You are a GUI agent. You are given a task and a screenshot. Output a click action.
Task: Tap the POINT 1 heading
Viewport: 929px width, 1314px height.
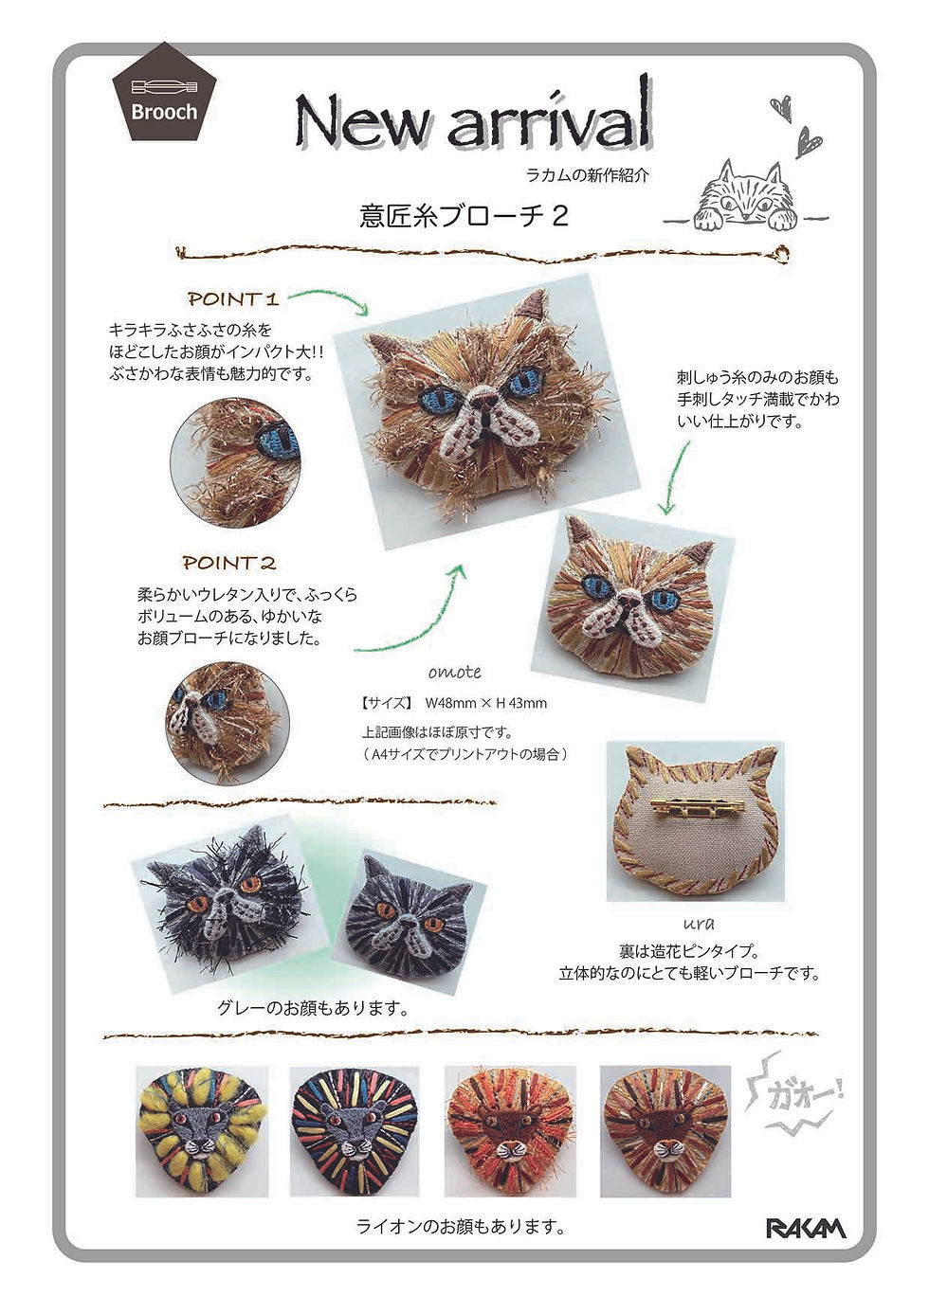232,298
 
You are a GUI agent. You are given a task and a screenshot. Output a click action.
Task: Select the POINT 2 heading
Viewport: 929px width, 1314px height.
228,563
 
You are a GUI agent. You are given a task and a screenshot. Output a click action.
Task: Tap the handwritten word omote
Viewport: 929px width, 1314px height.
455,672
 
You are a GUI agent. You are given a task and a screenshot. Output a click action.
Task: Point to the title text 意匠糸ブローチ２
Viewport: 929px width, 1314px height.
464,216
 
